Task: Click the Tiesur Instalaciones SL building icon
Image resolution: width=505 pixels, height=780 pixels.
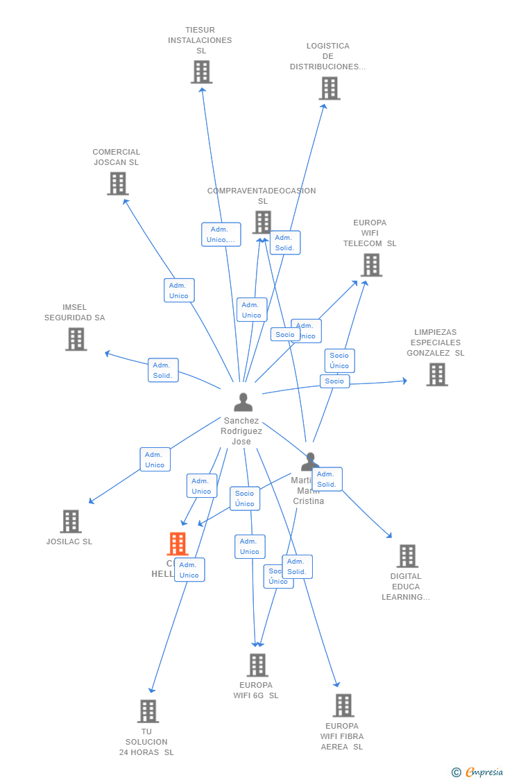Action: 201,72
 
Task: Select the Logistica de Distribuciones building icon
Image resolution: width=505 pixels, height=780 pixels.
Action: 329,88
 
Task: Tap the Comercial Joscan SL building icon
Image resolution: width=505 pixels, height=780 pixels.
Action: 118,184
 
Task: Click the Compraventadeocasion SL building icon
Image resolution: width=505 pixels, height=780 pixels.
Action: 262,223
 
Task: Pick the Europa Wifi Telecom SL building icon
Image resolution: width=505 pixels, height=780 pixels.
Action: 371,265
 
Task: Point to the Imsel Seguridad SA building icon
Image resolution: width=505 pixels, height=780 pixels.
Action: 76,339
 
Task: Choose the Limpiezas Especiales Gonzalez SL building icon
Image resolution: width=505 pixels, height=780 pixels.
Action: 437,374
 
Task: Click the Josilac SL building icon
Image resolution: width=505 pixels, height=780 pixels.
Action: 71,521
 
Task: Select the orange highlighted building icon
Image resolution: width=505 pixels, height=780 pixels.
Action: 178,544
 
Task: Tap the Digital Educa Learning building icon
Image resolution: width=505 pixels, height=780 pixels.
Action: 407,556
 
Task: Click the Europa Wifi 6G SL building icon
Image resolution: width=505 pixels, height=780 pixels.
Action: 257,665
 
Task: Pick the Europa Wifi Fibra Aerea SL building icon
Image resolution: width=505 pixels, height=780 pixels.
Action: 343,705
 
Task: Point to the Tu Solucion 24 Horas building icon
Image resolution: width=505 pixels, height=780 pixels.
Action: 148,711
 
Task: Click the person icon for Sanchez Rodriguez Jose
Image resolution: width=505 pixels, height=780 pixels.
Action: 243,402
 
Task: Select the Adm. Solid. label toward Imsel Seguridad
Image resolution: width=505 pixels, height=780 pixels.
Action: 163,370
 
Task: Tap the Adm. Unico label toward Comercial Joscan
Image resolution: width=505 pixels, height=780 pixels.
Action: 179,291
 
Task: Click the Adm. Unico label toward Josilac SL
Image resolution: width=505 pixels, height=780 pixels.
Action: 155,460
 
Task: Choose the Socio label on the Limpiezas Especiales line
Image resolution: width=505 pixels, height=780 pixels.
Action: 334,381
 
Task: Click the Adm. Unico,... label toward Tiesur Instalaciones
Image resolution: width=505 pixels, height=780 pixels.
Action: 221,234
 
